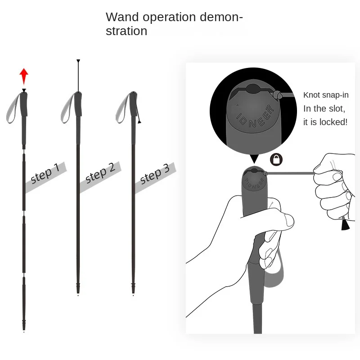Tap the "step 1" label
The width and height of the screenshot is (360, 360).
pyautogui.click(x=45, y=173)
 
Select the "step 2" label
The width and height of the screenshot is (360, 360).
pyautogui.click(x=100, y=173)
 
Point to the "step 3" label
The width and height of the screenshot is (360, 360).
pyautogui.click(x=155, y=174)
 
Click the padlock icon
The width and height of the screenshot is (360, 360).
pyautogui.click(x=276, y=159)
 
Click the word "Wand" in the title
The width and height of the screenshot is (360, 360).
pyautogui.click(x=122, y=17)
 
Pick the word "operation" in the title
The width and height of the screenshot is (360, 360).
pyautogui.click(x=169, y=18)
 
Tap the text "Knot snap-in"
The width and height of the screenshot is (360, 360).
pyautogui.click(x=326, y=95)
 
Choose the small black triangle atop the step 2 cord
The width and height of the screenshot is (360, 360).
pyautogui.click(x=78, y=61)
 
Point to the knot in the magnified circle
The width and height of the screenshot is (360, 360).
pyautogui.click(x=277, y=94)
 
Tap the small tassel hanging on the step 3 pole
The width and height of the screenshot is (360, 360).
pyautogui.click(x=139, y=121)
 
